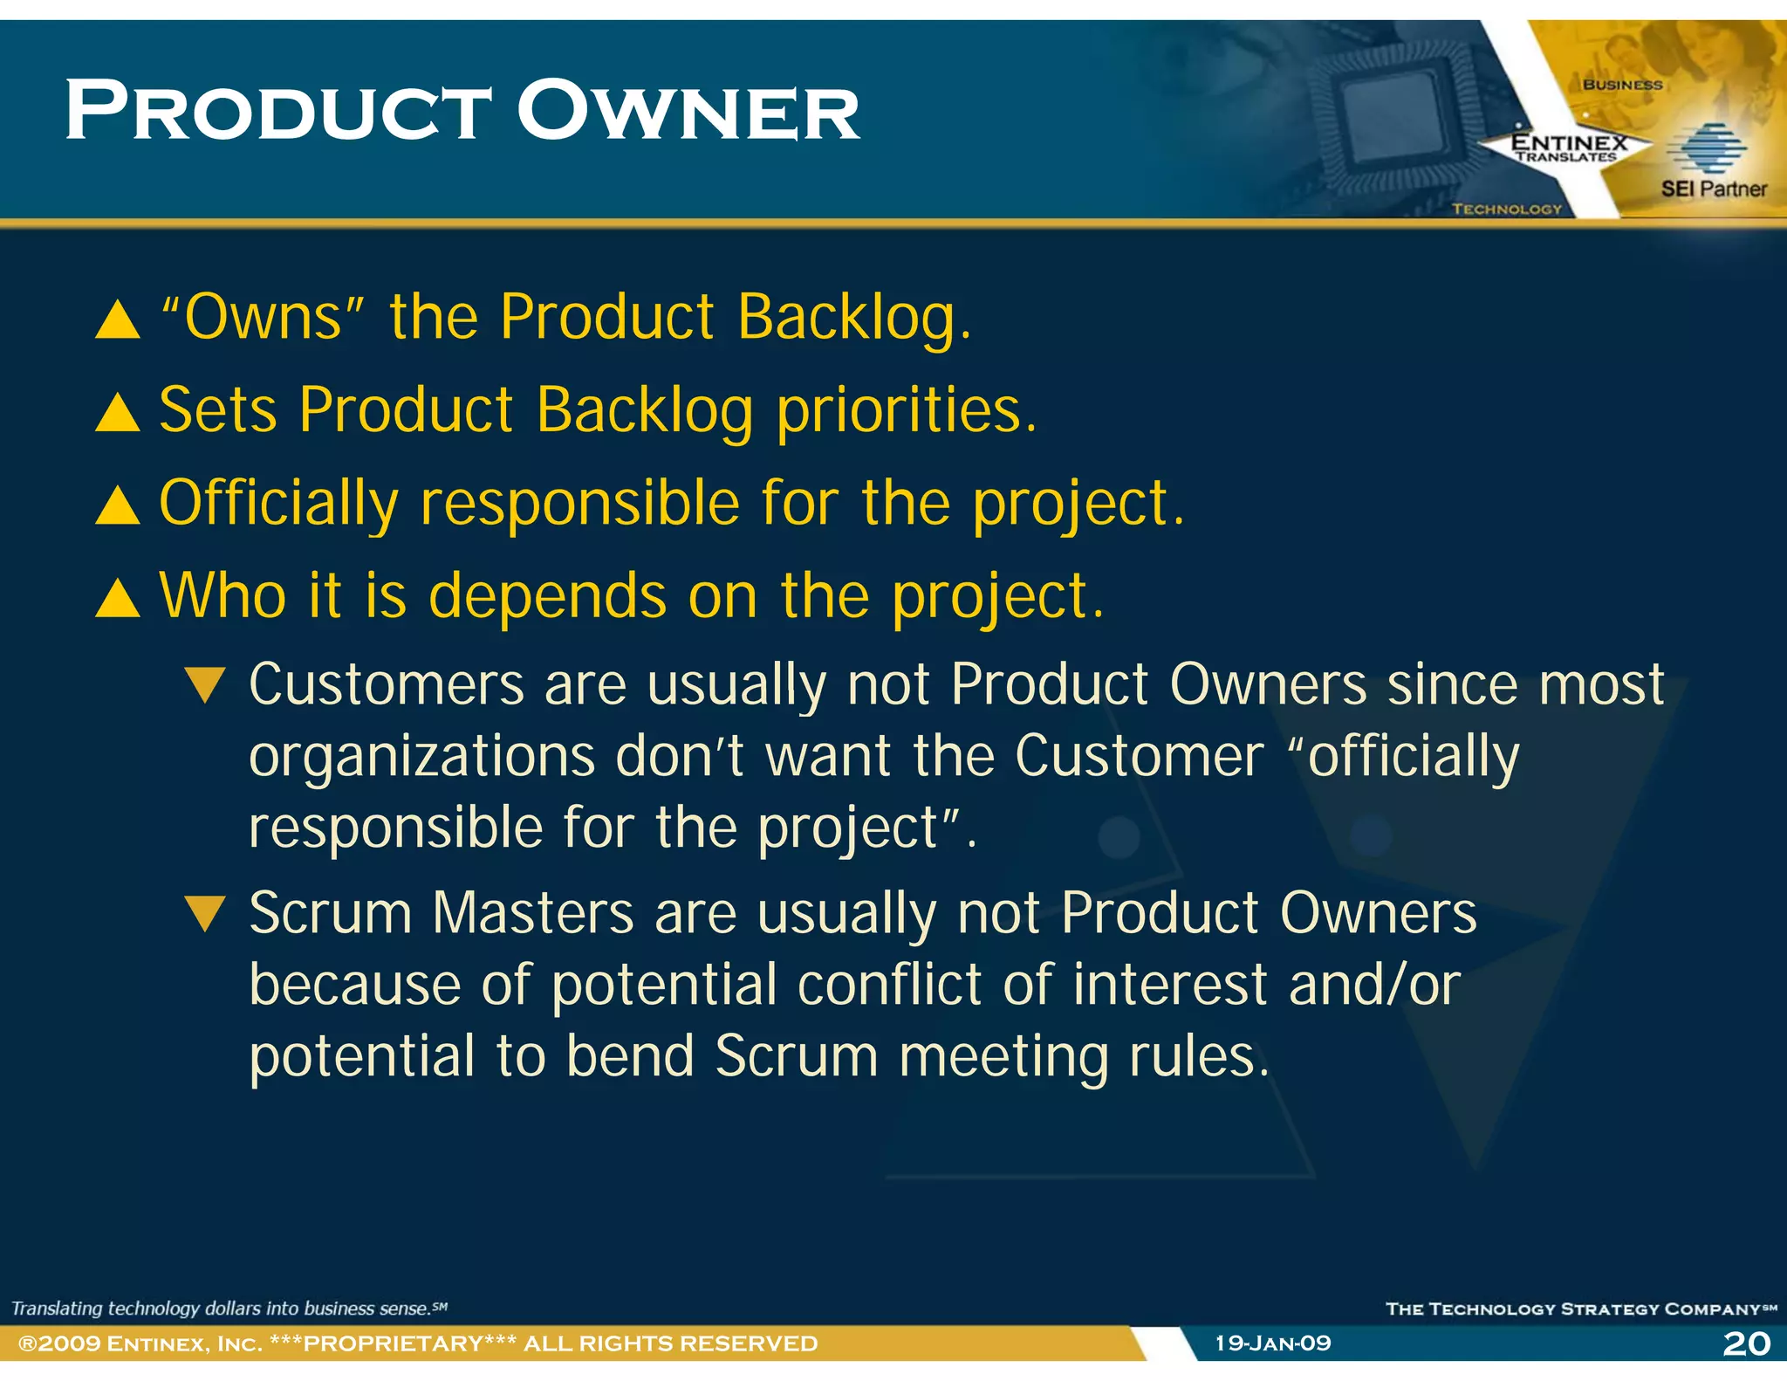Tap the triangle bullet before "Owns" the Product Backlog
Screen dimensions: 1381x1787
click(118, 319)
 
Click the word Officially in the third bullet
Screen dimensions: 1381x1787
click(278, 505)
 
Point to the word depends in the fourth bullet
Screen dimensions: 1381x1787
click(547, 597)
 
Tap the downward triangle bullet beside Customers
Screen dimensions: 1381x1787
click(206, 685)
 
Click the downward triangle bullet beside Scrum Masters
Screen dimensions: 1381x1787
click(206, 914)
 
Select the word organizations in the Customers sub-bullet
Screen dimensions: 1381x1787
click(421, 757)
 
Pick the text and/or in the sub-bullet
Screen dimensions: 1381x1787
click(1373, 986)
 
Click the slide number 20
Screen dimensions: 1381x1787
click(1746, 1343)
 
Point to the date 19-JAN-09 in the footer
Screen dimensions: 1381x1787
click(1273, 1343)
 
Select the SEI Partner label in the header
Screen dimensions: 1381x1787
click(1713, 189)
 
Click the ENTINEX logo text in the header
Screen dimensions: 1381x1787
click(1569, 142)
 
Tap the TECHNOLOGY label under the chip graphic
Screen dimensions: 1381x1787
click(1507, 209)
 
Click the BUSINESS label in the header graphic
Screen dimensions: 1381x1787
click(1622, 85)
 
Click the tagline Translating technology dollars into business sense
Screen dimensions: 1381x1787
click(223, 1308)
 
